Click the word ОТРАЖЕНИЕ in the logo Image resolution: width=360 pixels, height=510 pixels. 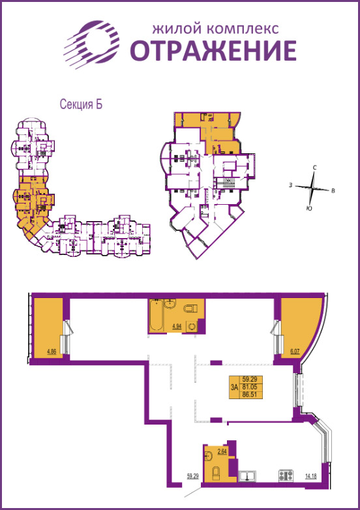tap(213, 50)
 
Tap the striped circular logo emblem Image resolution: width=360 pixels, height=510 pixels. tap(93, 43)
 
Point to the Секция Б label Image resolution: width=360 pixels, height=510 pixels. tap(82, 104)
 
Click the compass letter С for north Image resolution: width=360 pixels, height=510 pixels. tap(314, 168)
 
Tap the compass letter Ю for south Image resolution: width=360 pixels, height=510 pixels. tap(308, 208)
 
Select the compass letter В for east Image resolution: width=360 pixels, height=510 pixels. tap(333, 191)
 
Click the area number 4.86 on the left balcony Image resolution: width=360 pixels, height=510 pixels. tap(52, 352)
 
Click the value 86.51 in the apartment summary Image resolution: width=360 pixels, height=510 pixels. tap(248, 395)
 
